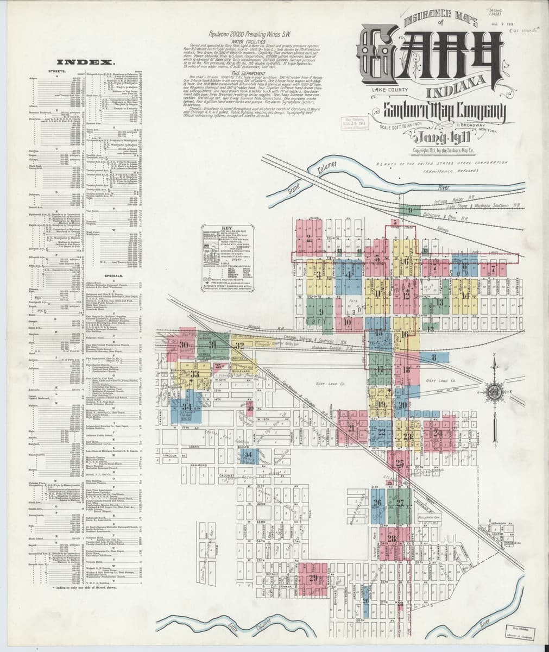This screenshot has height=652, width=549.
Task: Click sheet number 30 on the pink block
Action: [184, 345]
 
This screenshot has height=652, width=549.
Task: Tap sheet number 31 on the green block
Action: [213, 345]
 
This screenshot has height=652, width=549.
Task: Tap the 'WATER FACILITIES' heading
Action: [248, 40]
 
